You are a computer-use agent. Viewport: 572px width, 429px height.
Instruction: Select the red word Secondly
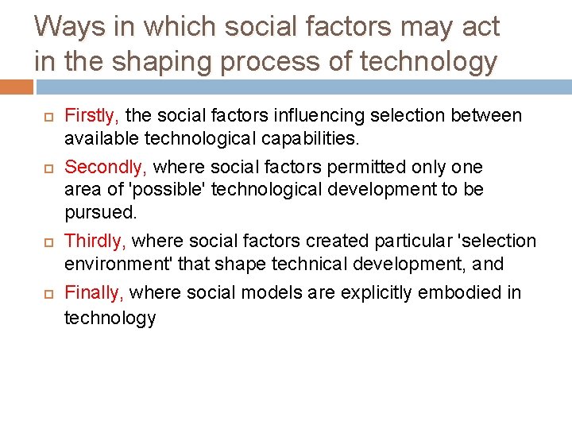click(x=105, y=167)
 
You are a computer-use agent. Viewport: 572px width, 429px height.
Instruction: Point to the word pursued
click(x=101, y=214)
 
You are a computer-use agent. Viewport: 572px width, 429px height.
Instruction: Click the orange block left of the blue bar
click(x=16, y=86)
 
